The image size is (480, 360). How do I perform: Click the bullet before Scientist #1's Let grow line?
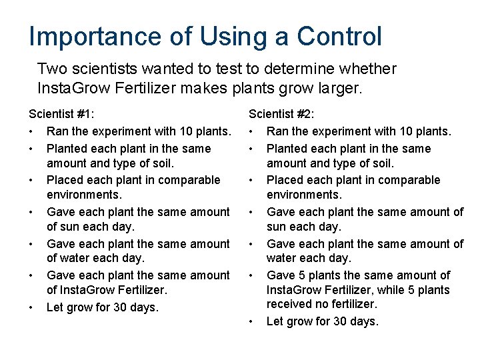point(31,307)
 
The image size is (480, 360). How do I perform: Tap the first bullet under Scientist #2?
point(251,131)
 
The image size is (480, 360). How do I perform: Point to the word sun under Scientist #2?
point(277,227)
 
